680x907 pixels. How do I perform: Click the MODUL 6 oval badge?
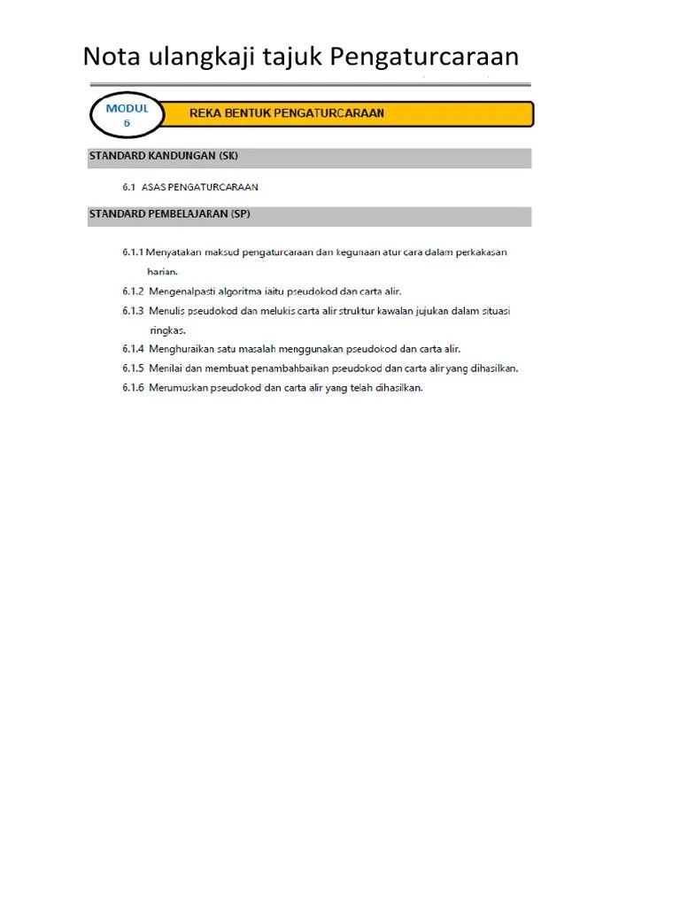coord(127,116)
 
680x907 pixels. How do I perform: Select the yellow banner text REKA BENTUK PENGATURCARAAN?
coord(287,114)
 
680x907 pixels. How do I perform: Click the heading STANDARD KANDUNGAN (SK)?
coord(164,157)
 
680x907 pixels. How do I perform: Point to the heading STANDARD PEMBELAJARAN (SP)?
coord(169,215)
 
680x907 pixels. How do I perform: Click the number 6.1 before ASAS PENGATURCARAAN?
coord(128,187)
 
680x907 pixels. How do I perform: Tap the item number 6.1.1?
coord(133,252)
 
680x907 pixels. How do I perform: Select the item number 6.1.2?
coord(133,291)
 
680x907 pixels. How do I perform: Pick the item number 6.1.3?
coord(133,311)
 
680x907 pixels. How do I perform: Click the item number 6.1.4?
coord(133,349)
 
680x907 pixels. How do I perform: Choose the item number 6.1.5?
coord(133,368)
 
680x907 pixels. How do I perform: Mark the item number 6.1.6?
coord(133,388)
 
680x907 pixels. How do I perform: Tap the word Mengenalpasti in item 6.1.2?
coord(185,291)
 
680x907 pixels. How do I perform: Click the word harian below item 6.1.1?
coord(163,271)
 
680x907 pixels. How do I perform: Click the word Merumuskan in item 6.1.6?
coord(179,388)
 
